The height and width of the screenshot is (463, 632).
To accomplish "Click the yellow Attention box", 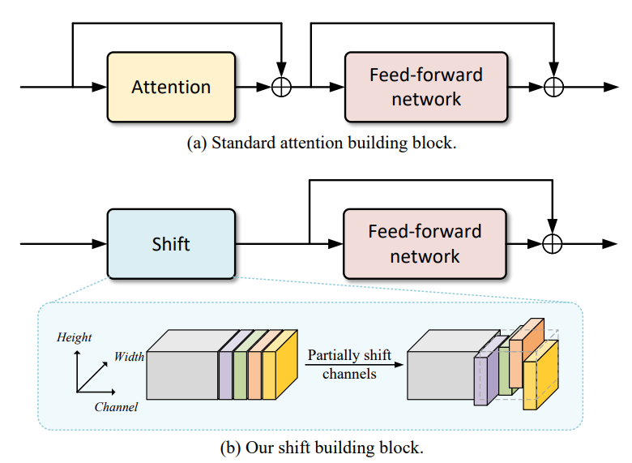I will [171, 87].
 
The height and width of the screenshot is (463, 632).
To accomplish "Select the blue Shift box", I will [171, 243].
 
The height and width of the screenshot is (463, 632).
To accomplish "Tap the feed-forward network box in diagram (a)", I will [425, 87].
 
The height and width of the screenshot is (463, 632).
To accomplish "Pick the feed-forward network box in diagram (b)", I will [425, 243].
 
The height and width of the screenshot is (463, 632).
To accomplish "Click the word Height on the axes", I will [74, 337].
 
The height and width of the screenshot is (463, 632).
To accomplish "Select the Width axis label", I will [129, 356].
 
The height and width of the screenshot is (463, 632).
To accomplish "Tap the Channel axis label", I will [116, 407].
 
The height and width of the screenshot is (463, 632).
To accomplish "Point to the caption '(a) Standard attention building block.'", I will [322, 144].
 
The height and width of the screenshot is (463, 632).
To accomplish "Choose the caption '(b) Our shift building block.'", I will [322, 447].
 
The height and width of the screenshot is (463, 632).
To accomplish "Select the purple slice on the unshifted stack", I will [225, 370].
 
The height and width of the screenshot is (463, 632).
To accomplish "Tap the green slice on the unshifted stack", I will [240, 370].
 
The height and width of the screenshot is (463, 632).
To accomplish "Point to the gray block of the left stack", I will [182, 372].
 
